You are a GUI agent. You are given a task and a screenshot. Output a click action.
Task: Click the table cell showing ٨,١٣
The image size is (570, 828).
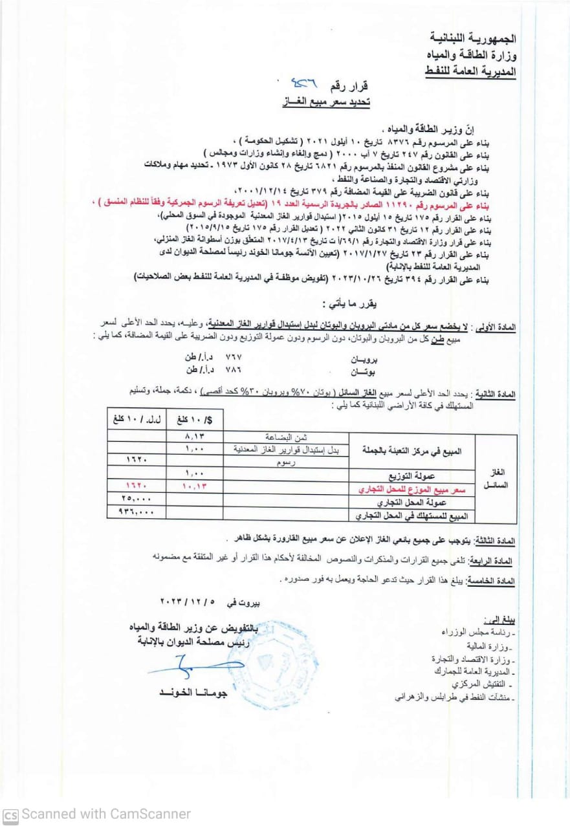click(x=195, y=437)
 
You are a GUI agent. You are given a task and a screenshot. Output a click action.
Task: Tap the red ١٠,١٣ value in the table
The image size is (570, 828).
click(x=195, y=486)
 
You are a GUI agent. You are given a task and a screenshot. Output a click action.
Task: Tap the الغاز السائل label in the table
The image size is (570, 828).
click(x=496, y=478)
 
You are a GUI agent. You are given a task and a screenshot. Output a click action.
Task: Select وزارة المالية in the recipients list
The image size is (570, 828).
click(x=490, y=647)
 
